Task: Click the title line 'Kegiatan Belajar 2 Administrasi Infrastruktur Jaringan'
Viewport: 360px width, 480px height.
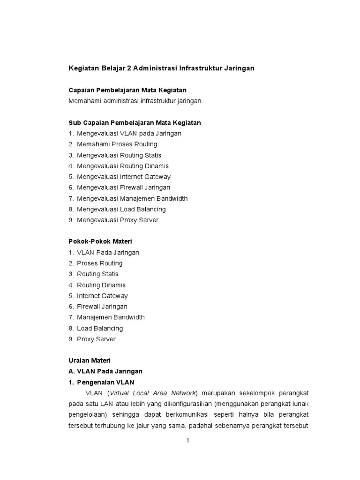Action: click(161, 68)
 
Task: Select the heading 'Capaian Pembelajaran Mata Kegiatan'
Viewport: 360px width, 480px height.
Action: click(127, 90)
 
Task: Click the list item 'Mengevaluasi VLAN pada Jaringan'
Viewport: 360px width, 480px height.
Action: click(129, 133)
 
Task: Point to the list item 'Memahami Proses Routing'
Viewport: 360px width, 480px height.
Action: click(117, 144)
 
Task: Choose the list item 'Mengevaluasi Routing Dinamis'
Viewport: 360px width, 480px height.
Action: click(123, 166)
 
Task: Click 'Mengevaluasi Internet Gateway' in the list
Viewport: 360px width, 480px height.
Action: click(124, 177)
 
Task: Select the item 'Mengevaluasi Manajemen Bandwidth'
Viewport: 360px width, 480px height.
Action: click(132, 198)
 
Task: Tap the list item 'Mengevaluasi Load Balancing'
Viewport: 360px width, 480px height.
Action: click(121, 209)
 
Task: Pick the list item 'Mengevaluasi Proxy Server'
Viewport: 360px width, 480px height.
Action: click(118, 220)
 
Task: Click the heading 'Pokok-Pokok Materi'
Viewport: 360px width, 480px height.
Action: click(100, 241)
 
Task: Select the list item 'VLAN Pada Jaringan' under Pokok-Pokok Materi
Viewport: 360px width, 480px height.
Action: click(108, 252)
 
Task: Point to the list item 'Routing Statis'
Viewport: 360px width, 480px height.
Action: click(97, 274)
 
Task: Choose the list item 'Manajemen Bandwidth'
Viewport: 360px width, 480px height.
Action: click(111, 317)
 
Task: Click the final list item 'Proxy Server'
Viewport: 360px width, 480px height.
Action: click(96, 339)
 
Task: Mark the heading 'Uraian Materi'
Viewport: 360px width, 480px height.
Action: click(89, 360)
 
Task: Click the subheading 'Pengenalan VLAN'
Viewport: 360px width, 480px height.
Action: click(105, 382)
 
